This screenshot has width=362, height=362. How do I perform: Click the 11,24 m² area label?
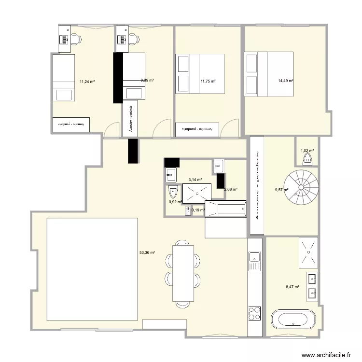87,82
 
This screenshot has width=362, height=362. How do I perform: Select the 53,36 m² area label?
147,252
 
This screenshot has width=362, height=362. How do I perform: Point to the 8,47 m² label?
292,287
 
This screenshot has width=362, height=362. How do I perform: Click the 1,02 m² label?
307,151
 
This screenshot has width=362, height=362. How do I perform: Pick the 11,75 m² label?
208,82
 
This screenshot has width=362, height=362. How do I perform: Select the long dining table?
183,273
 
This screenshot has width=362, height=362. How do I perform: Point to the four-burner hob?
254,313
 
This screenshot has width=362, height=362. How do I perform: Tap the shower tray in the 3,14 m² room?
196,193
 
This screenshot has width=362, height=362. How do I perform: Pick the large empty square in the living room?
93,269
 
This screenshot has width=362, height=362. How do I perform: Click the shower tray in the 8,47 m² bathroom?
308,252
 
